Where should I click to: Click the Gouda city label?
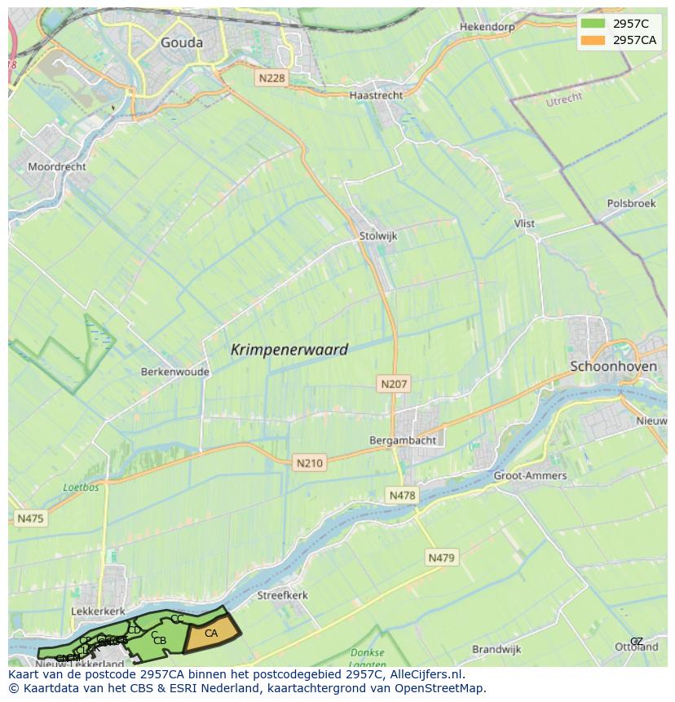tap(182, 43)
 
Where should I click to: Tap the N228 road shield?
tap(271, 77)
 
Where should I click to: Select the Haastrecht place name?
tap(376, 95)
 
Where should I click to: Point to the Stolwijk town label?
tap(377, 236)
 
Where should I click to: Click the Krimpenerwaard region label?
tap(289, 350)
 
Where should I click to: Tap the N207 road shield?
tap(395, 383)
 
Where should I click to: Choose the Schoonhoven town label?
tap(613, 366)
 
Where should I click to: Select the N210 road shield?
tap(309, 463)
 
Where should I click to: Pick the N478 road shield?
tap(402, 495)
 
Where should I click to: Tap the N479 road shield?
tap(442, 558)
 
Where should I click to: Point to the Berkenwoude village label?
tap(175, 372)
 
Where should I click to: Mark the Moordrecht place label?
tap(57, 166)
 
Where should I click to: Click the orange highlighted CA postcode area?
tap(211, 634)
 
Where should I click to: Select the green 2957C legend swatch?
tap(593, 24)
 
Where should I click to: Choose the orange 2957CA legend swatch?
tap(593, 40)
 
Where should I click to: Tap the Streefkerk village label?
tap(283, 595)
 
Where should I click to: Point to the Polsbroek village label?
tap(631, 203)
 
